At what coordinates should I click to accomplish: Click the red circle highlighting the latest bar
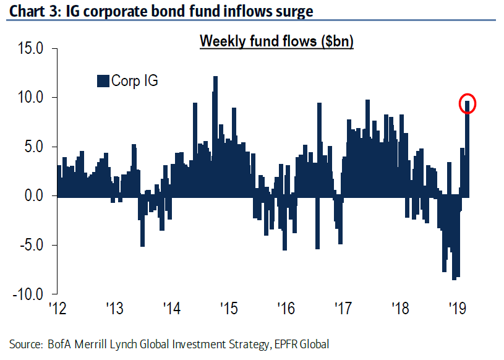(x=468, y=105)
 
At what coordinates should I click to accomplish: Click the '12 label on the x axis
(x=57, y=308)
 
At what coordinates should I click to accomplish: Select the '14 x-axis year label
(x=171, y=308)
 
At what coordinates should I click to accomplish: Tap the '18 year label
(x=400, y=308)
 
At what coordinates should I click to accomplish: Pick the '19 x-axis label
(x=457, y=308)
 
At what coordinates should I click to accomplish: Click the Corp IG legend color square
(x=103, y=81)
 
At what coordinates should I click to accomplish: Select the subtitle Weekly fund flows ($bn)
(x=276, y=42)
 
